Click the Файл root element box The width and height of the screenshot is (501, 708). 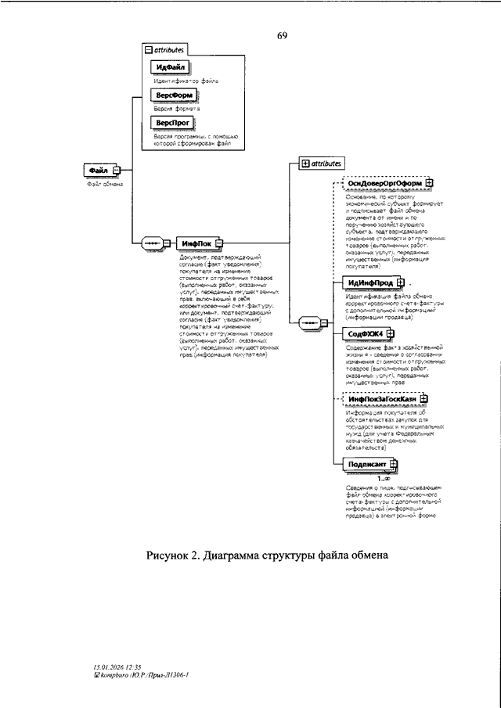[99, 170]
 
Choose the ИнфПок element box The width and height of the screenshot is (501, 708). [196, 244]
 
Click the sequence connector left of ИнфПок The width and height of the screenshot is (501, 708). [154, 244]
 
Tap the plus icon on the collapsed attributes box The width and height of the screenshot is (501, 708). [305, 164]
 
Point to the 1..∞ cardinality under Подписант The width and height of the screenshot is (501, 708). [384, 478]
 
